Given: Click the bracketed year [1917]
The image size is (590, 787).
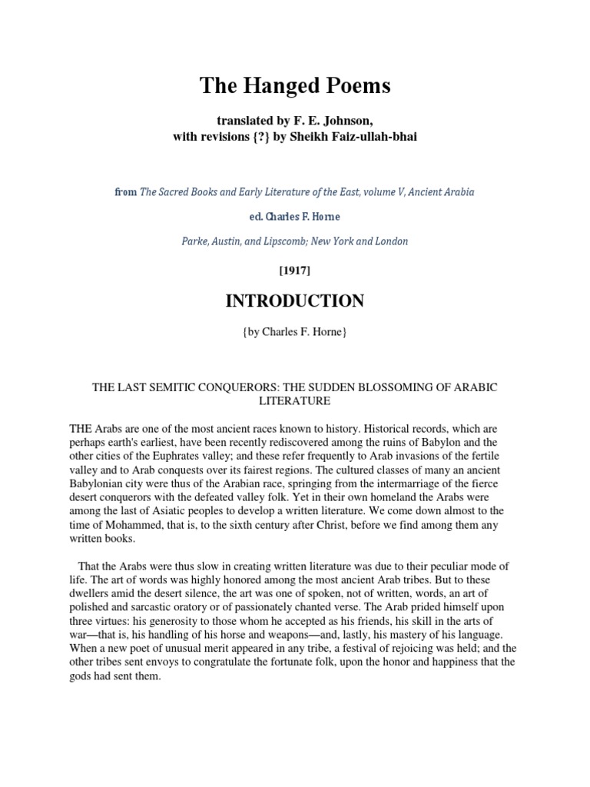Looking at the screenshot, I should pyautogui.click(x=295, y=271).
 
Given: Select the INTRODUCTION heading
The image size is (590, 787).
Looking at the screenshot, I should pyautogui.click(x=295, y=302).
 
